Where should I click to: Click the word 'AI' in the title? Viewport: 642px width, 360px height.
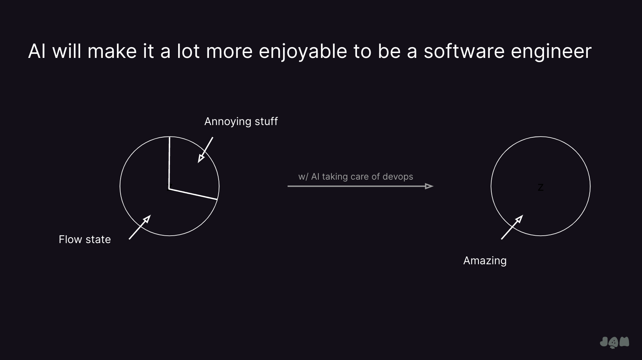(x=37, y=51)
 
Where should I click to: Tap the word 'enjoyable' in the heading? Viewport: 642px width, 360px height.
(x=303, y=52)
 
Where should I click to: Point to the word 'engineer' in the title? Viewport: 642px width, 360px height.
(x=551, y=52)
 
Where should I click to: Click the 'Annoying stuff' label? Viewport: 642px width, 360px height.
(x=241, y=122)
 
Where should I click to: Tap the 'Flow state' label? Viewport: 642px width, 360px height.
(x=85, y=239)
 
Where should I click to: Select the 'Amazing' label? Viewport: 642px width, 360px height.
(x=485, y=261)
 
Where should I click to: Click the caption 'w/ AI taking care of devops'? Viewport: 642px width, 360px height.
(x=356, y=177)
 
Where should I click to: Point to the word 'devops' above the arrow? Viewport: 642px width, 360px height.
(x=397, y=177)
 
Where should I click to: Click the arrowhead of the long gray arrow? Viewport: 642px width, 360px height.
(x=429, y=186)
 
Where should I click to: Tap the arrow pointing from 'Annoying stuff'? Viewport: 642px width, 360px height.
(x=205, y=150)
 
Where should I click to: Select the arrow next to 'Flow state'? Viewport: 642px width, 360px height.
(x=140, y=227)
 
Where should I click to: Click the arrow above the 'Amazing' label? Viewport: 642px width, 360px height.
(x=512, y=227)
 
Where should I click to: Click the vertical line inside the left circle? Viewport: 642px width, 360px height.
(x=170, y=163)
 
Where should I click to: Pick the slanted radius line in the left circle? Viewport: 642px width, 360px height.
(x=193, y=194)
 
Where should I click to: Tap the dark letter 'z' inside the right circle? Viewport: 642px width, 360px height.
(x=540, y=188)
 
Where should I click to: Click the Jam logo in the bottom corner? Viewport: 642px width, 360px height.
(x=615, y=342)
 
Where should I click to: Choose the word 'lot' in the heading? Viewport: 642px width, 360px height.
(x=189, y=51)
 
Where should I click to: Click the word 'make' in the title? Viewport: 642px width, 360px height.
(x=112, y=51)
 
